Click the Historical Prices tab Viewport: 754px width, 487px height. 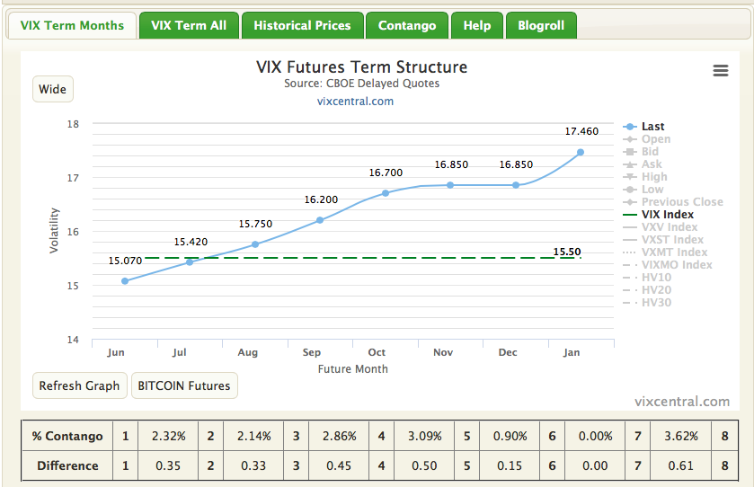click(302, 25)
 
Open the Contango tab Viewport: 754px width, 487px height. click(407, 25)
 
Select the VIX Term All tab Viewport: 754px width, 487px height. click(189, 25)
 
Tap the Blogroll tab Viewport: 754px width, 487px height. click(541, 25)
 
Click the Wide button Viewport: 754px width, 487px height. click(53, 89)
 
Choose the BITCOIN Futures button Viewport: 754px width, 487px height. click(184, 385)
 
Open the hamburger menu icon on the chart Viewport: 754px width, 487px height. click(720, 71)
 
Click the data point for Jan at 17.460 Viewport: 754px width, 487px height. click(581, 152)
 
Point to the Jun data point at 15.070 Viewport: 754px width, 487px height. click(125, 281)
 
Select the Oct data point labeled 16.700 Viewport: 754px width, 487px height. click(386, 193)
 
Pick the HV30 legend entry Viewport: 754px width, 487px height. click(656, 303)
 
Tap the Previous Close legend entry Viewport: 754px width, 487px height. click(681, 202)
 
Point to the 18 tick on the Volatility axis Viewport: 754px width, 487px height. click(74, 124)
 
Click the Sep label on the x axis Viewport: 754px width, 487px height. click(312, 352)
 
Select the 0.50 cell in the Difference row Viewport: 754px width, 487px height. click(424, 465)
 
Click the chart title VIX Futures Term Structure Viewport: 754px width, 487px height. click(362, 67)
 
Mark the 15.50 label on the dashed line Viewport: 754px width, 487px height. click(566, 252)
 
